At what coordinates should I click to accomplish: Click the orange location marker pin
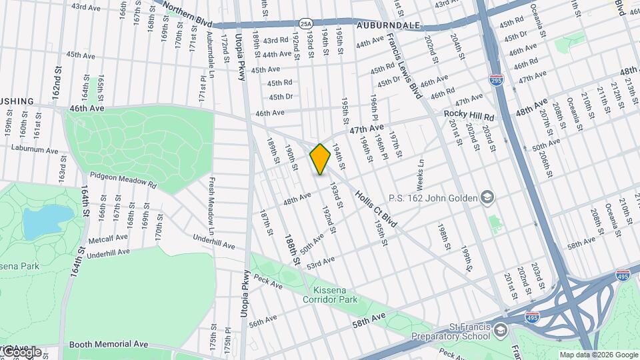320,159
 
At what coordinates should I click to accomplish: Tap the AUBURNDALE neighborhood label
388,25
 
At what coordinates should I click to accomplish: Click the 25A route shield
305,23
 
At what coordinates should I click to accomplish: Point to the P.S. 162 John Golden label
441,197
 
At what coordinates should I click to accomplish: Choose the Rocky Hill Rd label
469,115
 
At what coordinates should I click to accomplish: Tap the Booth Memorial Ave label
108,344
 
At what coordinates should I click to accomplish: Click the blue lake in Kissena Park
47,221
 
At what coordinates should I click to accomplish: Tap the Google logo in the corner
21,351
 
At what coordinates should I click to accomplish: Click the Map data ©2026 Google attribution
598,355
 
